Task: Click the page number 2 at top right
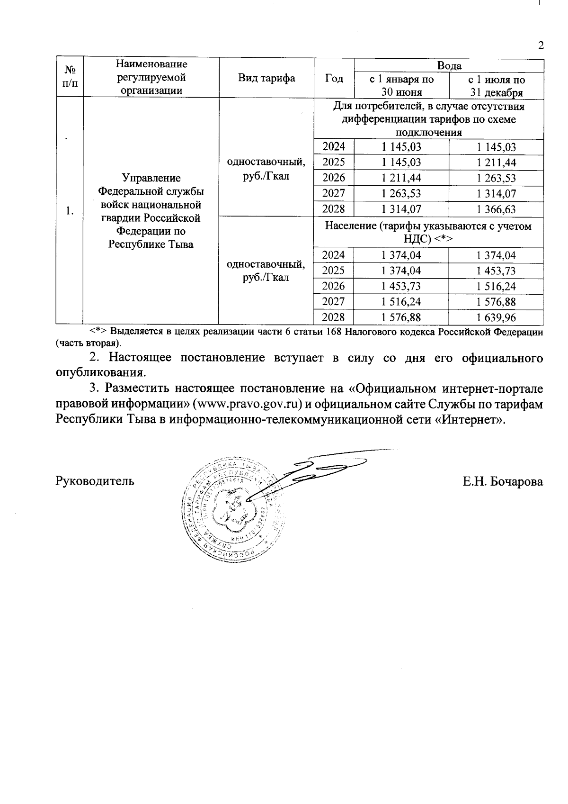541,45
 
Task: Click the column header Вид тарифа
266,78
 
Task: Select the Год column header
334,78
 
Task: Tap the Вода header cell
449,66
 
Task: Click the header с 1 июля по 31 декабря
496,86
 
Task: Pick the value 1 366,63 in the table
496,209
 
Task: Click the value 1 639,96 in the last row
496,317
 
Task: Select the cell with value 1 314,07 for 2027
496,194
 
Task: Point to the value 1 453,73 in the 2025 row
496,271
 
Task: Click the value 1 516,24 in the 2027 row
401,302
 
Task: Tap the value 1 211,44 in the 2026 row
401,178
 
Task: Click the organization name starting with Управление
151,211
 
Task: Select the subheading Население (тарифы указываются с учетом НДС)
428,233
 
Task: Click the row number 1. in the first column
70,211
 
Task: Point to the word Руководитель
95,481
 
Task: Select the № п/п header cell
70,77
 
